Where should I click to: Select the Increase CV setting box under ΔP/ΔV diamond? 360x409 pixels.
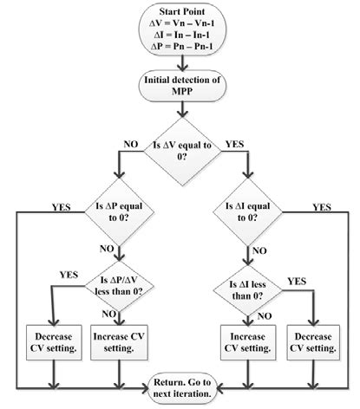tap(121, 343)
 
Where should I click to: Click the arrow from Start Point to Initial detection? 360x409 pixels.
tap(180, 67)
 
